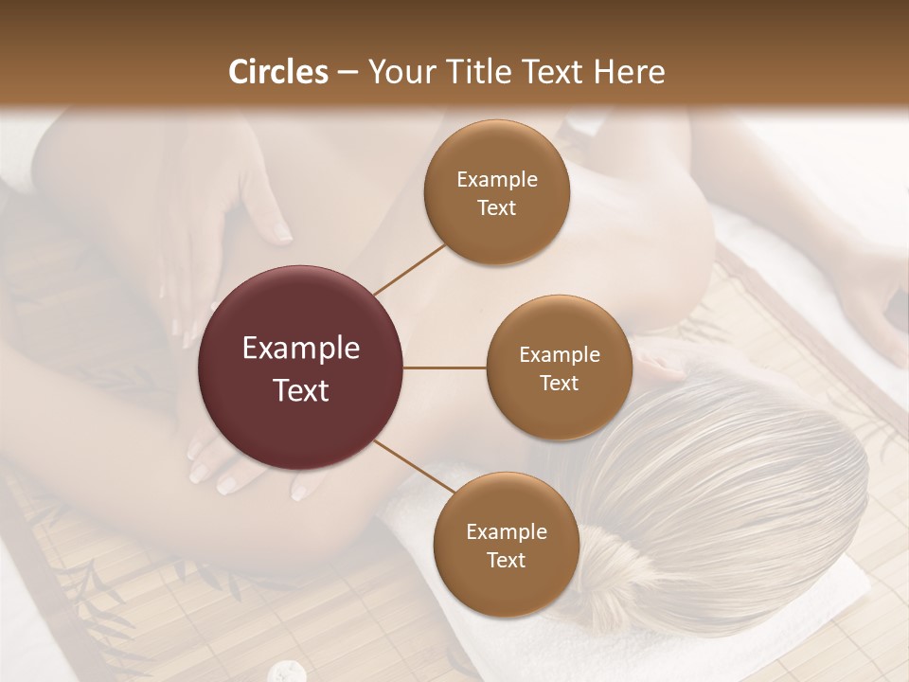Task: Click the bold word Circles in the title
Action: pyautogui.click(x=279, y=72)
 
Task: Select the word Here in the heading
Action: pyautogui.click(x=629, y=72)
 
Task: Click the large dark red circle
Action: pyautogui.click(x=301, y=368)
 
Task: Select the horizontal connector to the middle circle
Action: pyautogui.click(x=445, y=368)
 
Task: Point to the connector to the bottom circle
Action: pyautogui.click(x=414, y=468)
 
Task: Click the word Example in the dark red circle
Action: pyautogui.click(x=301, y=349)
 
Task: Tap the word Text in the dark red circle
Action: pyautogui.click(x=301, y=389)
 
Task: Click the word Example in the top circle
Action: pyautogui.click(x=496, y=180)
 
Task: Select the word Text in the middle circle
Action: pyautogui.click(x=559, y=383)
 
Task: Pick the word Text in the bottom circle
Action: pyautogui.click(x=506, y=560)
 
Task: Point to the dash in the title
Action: pyautogui.click(x=348, y=73)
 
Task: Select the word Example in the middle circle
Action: pyautogui.click(x=559, y=355)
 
